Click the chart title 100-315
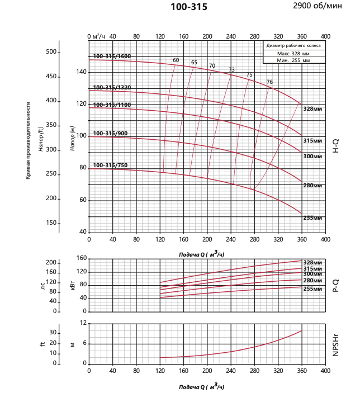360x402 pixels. [x=188, y=8]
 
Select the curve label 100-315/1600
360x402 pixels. [x=112, y=56]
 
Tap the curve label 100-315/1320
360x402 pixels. [x=112, y=87]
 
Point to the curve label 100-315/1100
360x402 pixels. [x=112, y=105]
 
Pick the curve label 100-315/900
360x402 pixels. [x=110, y=133]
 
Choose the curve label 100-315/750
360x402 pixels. [x=110, y=165]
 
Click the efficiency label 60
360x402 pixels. [x=176, y=60]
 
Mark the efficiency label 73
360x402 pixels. [x=231, y=70]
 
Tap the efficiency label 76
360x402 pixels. [x=269, y=82]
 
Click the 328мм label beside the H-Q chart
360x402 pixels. [x=312, y=108]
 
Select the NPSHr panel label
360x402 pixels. [x=335, y=343]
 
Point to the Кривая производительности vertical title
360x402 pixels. [x=27, y=140]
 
